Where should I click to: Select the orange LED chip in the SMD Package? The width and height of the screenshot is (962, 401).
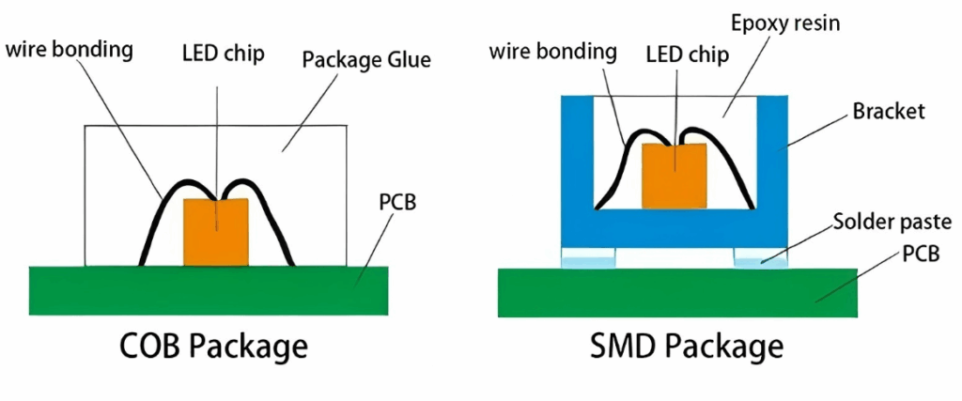click(x=674, y=176)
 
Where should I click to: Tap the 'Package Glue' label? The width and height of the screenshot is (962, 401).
click(x=366, y=61)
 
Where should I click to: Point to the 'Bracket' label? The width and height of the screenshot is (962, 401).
click(x=889, y=112)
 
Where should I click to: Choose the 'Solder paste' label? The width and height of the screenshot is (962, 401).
click(x=892, y=223)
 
